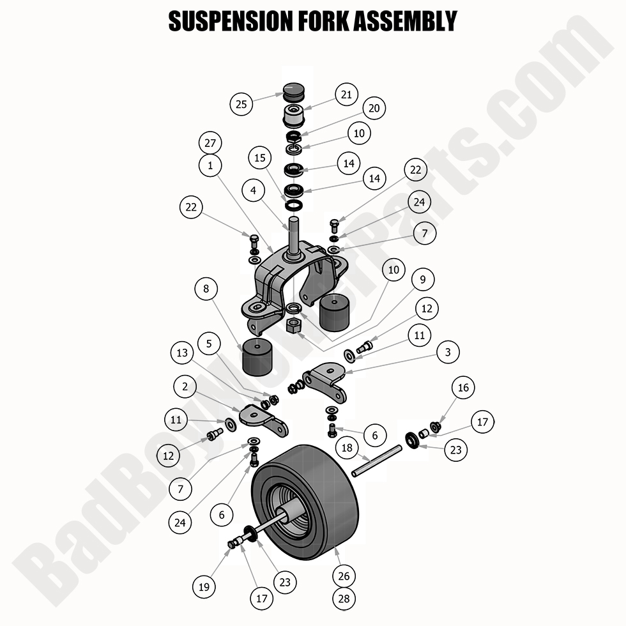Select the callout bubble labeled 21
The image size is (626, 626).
(346, 95)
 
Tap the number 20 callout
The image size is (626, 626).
(374, 109)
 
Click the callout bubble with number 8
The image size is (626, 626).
(206, 289)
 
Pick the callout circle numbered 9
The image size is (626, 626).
(422, 279)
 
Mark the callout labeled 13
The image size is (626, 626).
(182, 353)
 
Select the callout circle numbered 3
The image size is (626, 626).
(448, 352)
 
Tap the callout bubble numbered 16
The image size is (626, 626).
(463, 388)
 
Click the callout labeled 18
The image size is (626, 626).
(347, 448)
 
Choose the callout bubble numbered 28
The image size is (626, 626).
(344, 598)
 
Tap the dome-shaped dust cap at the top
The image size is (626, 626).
(294, 91)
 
